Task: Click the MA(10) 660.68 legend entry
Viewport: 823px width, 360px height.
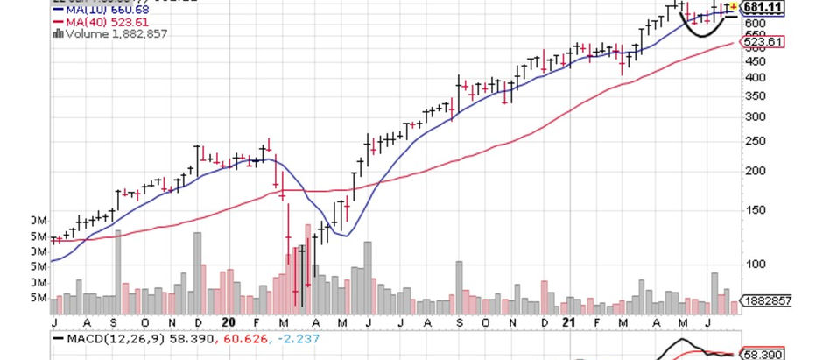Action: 99,10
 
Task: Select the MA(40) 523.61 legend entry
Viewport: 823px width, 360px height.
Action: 99,22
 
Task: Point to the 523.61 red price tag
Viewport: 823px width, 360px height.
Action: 763,41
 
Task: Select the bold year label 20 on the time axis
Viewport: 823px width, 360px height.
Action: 229,321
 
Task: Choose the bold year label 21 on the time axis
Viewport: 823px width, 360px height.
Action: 570,321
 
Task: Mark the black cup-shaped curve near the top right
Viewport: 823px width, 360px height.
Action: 707,31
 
